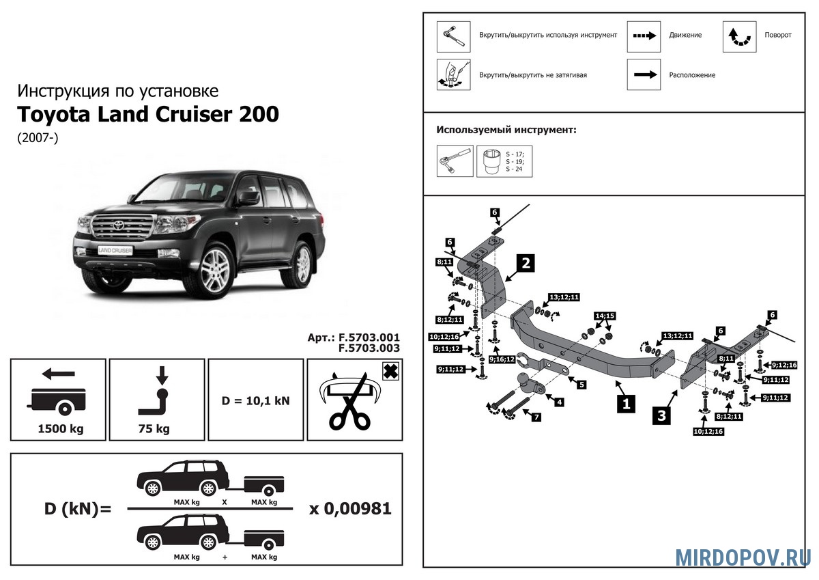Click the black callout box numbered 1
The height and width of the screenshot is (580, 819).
point(624,404)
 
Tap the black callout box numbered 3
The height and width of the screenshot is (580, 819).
point(660,415)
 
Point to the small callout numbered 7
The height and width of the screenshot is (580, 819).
point(536,417)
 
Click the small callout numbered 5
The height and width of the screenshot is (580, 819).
point(581,385)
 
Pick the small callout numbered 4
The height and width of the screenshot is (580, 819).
point(559,402)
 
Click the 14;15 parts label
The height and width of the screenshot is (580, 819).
point(605,316)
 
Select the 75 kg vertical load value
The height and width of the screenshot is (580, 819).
point(156,430)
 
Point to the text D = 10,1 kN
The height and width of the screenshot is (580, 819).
point(256,400)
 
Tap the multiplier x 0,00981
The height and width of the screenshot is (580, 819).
point(350,509)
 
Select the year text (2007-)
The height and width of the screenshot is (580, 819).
point(39,137)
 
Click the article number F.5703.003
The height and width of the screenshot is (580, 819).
point(369,348)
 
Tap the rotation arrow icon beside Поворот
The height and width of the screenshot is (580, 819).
point(739,37)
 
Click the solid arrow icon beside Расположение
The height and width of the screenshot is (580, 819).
point(644,74)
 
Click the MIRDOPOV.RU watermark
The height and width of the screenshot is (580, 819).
point(743,557)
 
